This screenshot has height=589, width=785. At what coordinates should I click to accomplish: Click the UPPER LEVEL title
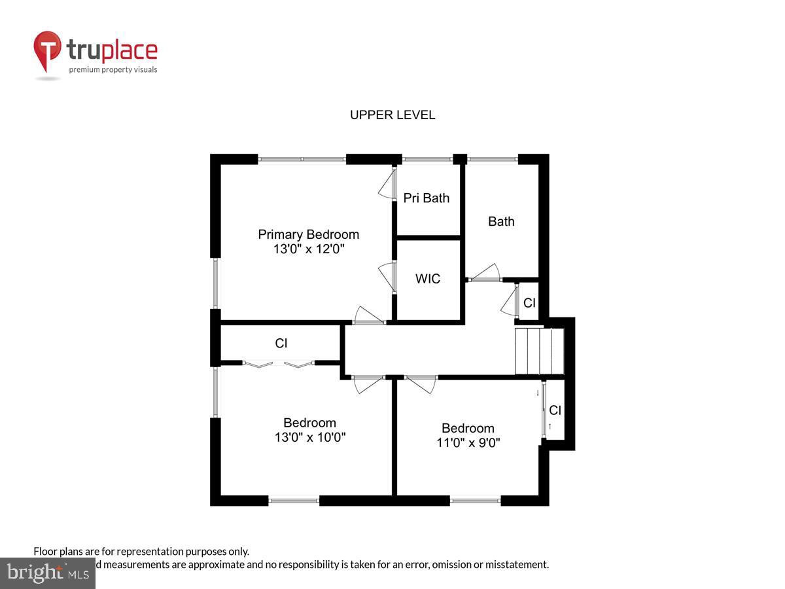392,115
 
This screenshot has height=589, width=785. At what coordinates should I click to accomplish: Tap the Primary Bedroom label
308,234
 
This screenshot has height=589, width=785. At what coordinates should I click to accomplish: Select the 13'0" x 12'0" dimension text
308,249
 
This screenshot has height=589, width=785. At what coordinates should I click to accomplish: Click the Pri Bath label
427,198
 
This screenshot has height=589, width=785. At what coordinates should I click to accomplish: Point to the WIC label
428,279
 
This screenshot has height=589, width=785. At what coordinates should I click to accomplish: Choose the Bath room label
501,221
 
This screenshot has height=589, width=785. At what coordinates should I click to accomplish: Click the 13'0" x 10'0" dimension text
309,437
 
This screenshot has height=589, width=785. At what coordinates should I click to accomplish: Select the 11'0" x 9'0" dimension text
468,442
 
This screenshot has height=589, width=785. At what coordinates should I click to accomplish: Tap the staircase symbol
539,351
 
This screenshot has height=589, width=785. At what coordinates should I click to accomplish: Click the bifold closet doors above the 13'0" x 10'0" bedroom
279,363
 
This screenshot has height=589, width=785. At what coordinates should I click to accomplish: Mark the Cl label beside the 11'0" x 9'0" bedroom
555,410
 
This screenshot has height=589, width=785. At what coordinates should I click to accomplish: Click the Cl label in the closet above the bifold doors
281,343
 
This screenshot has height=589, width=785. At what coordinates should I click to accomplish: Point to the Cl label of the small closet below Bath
529,303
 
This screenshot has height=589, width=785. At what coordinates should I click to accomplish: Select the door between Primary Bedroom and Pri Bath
387,185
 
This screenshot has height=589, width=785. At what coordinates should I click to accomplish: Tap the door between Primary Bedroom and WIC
387,277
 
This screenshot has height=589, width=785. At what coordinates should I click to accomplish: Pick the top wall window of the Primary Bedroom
302,158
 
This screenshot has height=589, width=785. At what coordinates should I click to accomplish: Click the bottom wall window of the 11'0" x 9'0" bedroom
475,501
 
